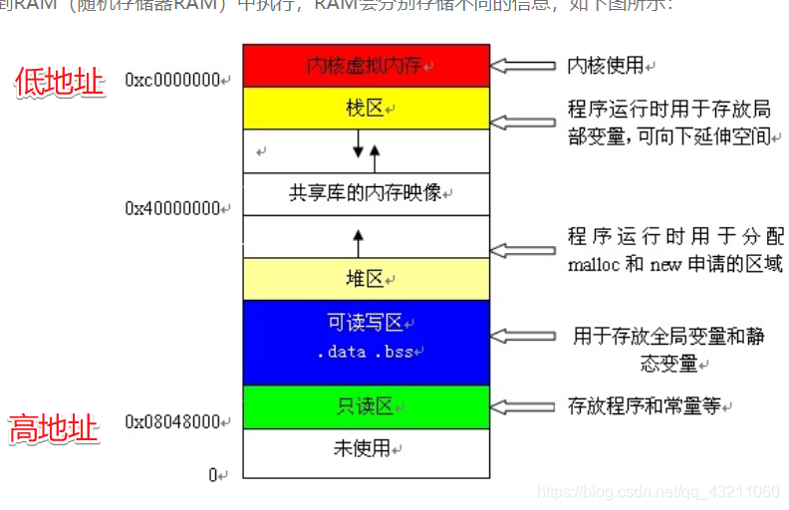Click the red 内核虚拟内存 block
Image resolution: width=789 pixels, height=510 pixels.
(366, 66)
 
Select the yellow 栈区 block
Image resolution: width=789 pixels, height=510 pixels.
(366, 108)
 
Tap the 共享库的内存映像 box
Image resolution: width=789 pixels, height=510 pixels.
(366, 192)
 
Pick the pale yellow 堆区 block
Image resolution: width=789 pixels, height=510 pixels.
(366, 279)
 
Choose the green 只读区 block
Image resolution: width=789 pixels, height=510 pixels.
(366, 406)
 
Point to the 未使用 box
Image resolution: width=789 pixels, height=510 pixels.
(366, 448)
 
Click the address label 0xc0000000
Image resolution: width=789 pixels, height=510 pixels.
(176, 80)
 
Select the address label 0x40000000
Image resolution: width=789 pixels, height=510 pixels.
(176, 208)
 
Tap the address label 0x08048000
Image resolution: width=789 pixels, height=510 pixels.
(176, 421)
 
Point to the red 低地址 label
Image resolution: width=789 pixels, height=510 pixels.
(59, 82)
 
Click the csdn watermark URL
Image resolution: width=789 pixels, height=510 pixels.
(657, 492)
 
